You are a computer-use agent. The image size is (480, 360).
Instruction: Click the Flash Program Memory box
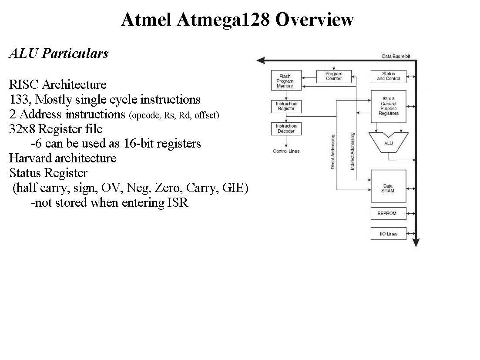click(286, 81)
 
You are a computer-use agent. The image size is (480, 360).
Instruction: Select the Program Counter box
click(334, 76)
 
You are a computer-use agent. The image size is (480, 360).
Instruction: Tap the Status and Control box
click(388, 76)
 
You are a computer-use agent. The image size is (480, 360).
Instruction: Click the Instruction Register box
click(286, 106)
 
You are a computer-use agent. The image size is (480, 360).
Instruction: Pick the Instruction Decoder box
click(286, 128)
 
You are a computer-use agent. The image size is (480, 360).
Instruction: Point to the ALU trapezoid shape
click(388, 143)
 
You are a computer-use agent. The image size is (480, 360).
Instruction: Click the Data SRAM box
click(388, 186)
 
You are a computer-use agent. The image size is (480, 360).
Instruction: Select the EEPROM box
click(388, 214)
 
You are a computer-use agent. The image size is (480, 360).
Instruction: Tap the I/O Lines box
click(388, 234)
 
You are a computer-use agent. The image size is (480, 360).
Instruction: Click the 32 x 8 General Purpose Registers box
click(388, 106)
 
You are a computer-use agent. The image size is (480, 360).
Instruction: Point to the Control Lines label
click(286, 151)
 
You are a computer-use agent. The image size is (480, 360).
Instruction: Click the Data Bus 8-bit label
click(396, 57)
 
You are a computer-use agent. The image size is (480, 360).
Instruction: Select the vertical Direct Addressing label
click(333, 152)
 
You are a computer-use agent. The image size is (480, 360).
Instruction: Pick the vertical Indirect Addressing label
click(352, 151)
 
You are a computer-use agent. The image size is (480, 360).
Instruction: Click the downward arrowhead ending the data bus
click(416, 243)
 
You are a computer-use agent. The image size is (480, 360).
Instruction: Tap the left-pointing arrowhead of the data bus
click(261, 61)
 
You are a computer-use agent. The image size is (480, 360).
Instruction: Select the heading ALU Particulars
click(58, 54)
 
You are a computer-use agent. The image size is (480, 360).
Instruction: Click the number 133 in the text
click(20, 100)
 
